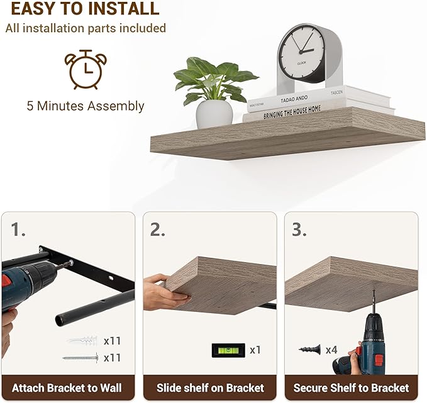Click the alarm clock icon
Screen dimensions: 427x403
(86, 70)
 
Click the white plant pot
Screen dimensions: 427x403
(214, 114)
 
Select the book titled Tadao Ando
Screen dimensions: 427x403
(319, 98)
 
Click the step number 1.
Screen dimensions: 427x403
(18, 229)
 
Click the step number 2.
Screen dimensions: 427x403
(158, 229)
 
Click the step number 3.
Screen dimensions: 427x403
(299, 229)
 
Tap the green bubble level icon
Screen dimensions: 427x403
(228, 350)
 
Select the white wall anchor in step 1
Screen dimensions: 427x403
(82, 341)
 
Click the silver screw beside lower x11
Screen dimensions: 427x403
(80, 358)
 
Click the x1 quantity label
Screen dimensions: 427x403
(255, 350)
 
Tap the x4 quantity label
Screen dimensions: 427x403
(331, 350)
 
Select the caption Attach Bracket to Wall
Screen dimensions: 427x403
(67, 388)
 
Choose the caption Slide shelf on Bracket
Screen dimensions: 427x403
(210, 388)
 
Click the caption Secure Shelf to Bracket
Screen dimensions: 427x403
(351, 388)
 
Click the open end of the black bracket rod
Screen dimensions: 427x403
(60, 320)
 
